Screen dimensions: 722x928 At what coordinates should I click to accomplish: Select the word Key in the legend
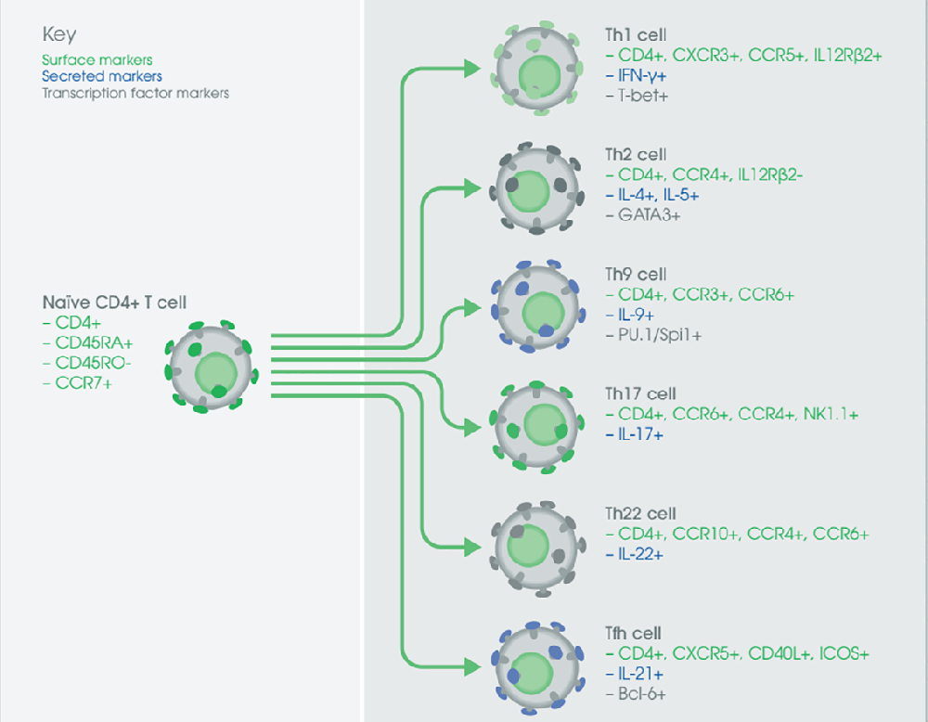[x=58, y=35]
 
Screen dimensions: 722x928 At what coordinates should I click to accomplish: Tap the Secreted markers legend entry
[x=102, y=77]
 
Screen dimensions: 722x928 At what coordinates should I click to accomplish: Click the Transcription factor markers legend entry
[x=135, y=93]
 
